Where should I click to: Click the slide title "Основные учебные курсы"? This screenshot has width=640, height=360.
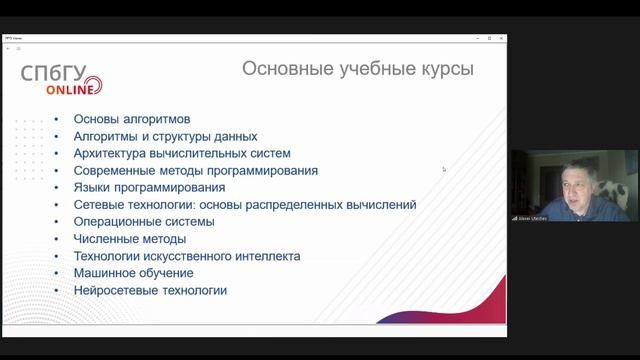(x=358, y=69)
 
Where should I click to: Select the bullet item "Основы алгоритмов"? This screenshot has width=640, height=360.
(x=132, y=119)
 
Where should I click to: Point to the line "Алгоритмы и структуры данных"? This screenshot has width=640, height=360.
(x=165, y=136)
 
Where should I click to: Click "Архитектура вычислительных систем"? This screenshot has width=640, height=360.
(x=182, y=153)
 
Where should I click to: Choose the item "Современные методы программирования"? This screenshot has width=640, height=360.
(x=196, y=170)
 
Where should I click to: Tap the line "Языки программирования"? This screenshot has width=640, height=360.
(x=149, y=187)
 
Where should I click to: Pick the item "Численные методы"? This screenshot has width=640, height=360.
(x=130, y=239)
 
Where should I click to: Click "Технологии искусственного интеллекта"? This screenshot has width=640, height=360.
(x=187, y=256)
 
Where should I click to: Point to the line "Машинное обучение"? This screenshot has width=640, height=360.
(x=134, y=273)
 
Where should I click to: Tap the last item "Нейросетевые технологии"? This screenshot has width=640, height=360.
(x=150, y=290)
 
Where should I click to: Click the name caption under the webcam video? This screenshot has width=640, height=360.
(x=531, y=217)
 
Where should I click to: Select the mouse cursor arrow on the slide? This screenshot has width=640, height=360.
(x=444, y=169)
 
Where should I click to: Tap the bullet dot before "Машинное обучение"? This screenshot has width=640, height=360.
(x=56, y=273)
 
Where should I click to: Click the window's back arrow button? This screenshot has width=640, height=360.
(x=8, y=48)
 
